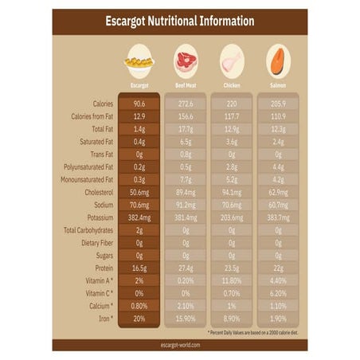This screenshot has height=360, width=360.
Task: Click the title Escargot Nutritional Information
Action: pyautogui.click(x=179, y=22)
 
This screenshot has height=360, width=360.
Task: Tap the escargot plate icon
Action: pyautogui.click(x=139, y=61)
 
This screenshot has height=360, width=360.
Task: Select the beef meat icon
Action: pyautogui.click(x=186, y=61)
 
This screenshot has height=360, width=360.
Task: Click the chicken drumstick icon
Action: pyautogui.click(x=232, y=61)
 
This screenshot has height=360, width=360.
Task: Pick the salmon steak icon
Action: pyautogui.click(x=278, y=61)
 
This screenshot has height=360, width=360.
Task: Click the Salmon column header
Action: pyautogui.click(x=278, y=84)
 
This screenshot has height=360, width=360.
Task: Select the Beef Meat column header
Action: pyautogui.click(x=186, y=84)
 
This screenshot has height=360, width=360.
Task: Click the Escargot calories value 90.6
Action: pyautogui.click(x=139, y=103)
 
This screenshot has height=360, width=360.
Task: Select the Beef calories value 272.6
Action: pyautogui.click(x=186, y=103)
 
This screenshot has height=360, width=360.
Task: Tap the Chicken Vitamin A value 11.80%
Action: pyautogui.click(x=232, y=280)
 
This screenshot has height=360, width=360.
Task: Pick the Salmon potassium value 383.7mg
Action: pyautogui.click(x=278, y=217)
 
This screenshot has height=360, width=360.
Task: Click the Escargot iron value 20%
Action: pyautogui.click(x=139, y=318)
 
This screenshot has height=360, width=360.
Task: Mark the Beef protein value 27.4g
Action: pyautogui.click(x=186, y=268)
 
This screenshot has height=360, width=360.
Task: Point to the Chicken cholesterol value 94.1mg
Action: pyautogui.click(x=232, y=192)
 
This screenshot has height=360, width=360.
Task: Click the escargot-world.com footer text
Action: pyautogui.click(x=179, y=345)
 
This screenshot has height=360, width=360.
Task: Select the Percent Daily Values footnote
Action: pyautogui.click(x=256, y=331)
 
